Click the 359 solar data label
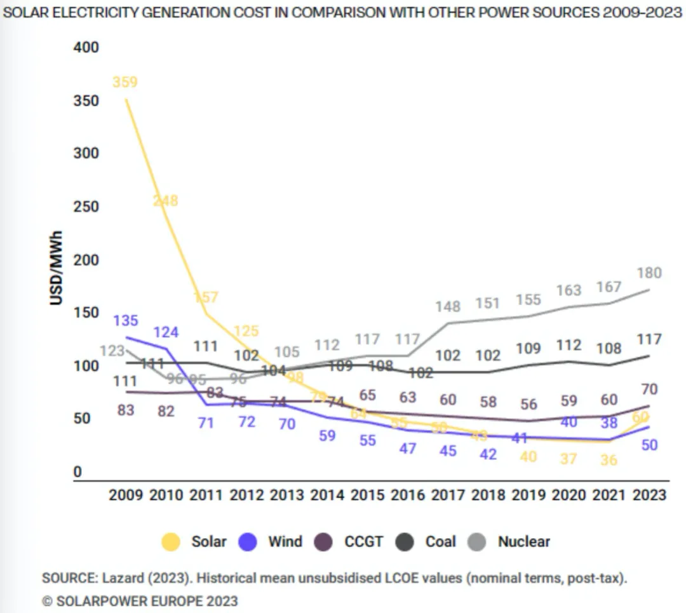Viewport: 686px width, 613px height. tap(125, 82)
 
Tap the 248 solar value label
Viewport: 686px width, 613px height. tap(166, 201)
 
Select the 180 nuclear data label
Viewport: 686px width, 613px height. tap(649, 273)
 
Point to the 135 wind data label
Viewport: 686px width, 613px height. tap(125, 321)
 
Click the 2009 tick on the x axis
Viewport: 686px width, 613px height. tap(126, 495)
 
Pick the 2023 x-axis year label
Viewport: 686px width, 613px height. tap(649, 495)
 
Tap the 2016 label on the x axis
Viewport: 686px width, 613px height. tap(407, 495)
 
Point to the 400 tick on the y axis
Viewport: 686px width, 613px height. tap(86, 48)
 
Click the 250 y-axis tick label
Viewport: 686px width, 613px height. tap(86, 206)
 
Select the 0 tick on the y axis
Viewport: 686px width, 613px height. tap(77, 472)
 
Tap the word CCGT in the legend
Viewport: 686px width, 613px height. tap(364, 542)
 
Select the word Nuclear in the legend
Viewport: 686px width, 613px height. tap(524, 542)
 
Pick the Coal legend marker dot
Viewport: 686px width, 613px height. tap(405, 542)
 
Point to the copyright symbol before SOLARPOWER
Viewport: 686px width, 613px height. tap(47, 601)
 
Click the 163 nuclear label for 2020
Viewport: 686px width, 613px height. tap(568, 290)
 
